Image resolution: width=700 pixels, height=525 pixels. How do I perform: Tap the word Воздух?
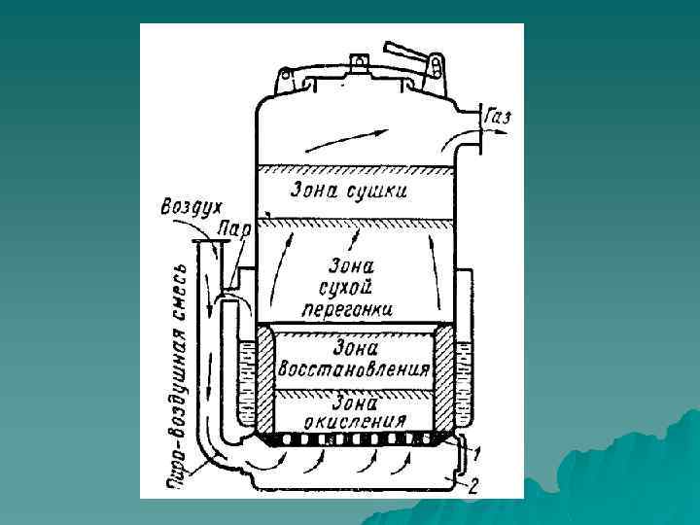coord(192,208)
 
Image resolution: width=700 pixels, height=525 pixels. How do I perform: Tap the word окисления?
coord(353,421)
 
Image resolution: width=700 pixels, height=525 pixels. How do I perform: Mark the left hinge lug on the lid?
coord(286,79)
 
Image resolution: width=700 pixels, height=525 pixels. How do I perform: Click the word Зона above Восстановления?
coord(354,347)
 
